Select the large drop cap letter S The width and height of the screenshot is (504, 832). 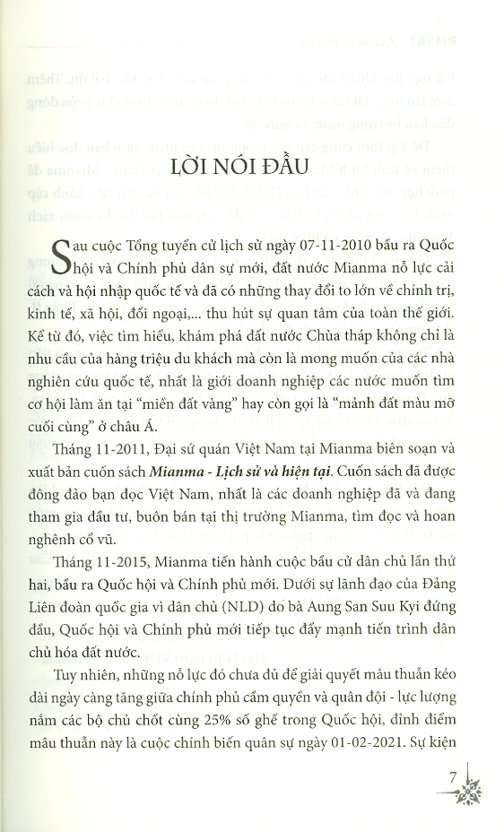point(65,258)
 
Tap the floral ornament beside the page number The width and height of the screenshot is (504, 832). point(471,787)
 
